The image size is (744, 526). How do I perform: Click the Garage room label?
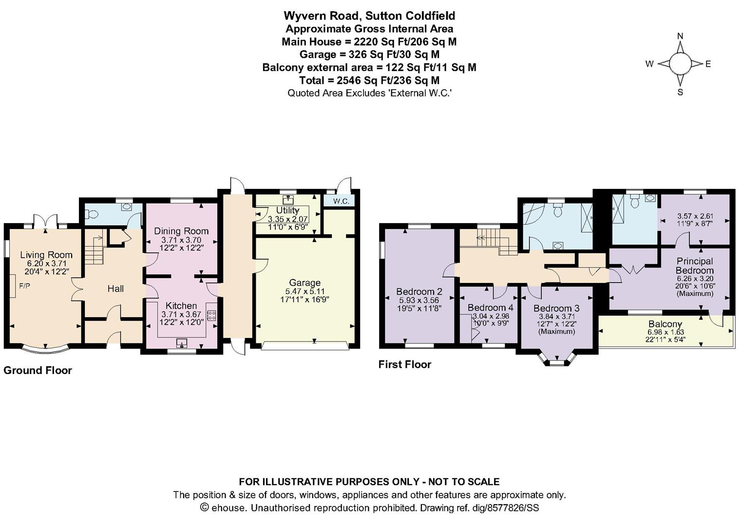(305, 282)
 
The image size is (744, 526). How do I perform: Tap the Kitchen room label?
(181, 305)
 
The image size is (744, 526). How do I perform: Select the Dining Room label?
(181, 231)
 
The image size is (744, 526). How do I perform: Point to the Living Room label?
(46, 255)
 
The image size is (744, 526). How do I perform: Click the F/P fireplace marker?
(24, 285)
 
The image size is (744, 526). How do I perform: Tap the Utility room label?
(287, 210)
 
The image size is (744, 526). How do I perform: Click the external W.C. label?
(341, 201)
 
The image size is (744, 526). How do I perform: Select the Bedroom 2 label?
(419, 292)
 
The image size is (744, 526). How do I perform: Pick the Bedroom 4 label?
(490, 307)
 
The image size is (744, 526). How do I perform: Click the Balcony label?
(665, 324)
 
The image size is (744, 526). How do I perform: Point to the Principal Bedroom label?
(694, 265)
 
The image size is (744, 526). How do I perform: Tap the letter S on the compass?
(680, 93)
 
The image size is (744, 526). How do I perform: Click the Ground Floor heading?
(38, 370)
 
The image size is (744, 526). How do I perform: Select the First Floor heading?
(405, 364)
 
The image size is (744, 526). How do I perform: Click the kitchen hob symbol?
(211, 315)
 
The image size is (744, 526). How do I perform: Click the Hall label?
(115, 288)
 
